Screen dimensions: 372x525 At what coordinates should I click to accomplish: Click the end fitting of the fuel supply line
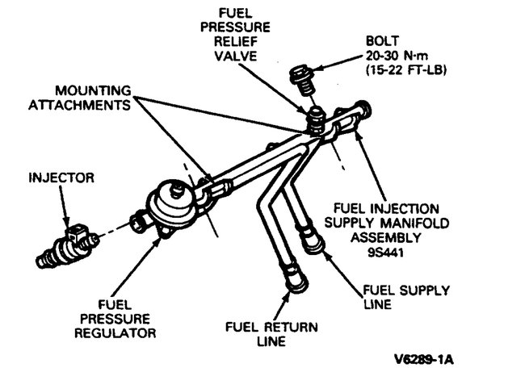tap(309, 239)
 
